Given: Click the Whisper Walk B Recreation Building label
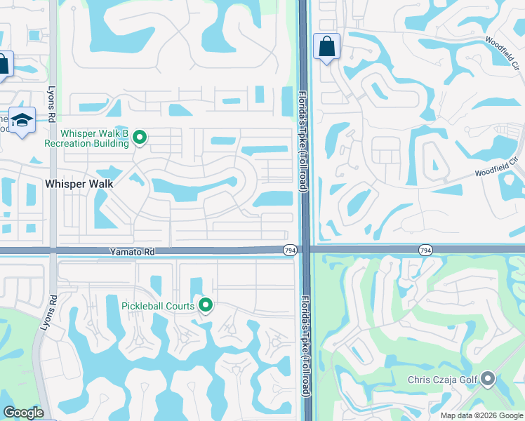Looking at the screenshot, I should point(86,138).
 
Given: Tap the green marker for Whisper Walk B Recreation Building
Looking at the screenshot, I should point(140,138).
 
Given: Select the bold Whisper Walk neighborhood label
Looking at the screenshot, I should point(79,183).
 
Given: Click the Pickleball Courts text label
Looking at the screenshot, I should point(159,305).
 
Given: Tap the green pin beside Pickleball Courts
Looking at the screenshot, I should point(206,305).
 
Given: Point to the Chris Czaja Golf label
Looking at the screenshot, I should point(442,380).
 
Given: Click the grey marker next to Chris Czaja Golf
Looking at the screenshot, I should point(489,380).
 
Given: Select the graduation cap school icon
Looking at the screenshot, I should point(22,120).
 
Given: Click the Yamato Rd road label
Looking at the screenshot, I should point(131,250).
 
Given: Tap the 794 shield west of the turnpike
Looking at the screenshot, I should point(289,250).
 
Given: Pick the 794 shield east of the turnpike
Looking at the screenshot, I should point(425,250).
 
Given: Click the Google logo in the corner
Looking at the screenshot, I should point(23,413).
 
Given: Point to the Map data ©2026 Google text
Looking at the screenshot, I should point(481,415).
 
